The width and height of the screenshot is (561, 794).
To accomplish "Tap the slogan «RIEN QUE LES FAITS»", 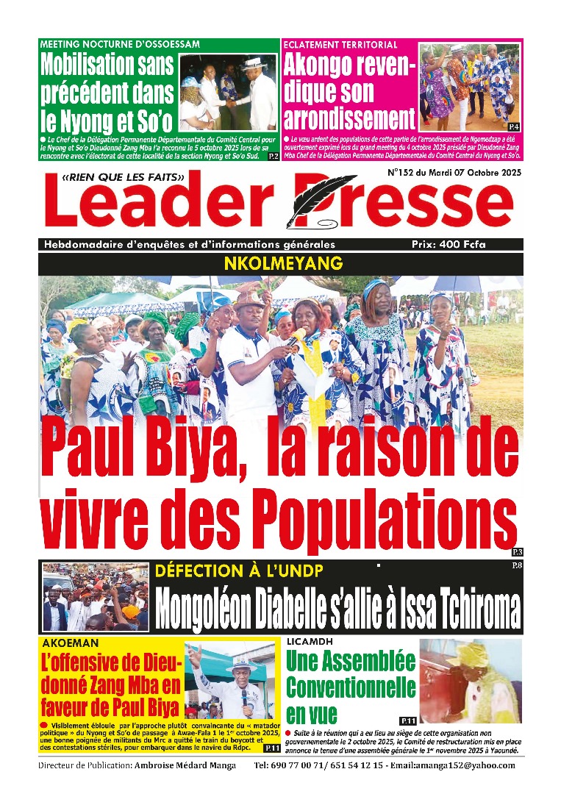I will tap(123, 176).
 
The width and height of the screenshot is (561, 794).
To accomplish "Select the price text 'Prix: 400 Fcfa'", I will tap(449, 244).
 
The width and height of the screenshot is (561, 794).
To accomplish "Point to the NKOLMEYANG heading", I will tap(280, 262).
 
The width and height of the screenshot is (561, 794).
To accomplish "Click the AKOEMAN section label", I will tap(68, 642).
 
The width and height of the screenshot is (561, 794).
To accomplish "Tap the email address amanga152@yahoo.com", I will tap(468, 765).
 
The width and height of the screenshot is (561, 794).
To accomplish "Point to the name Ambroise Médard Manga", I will tap(185, 765).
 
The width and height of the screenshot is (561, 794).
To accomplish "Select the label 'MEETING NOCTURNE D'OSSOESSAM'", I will tap(120, 44).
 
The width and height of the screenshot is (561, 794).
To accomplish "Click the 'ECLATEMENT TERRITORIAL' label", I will tap(341, 44).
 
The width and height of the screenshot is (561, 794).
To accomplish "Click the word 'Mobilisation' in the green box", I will tap(97, 66).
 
